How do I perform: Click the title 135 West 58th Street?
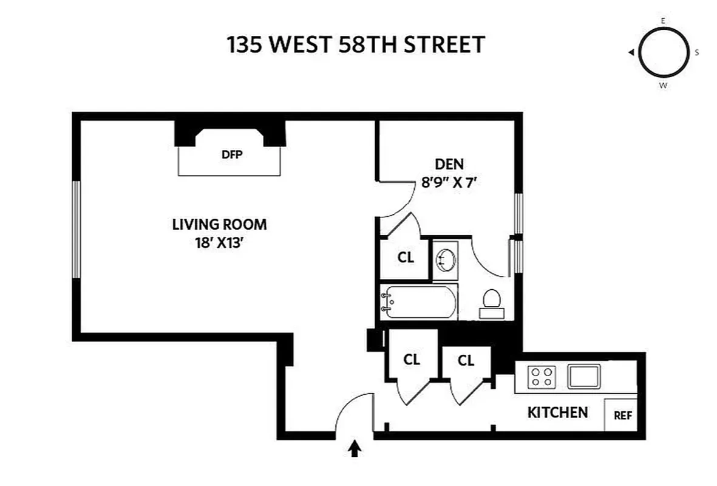(x=356, y=45)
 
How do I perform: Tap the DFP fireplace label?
(x=232, y=154)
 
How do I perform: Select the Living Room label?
(x=219, y=224)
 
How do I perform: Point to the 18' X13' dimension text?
(x=219, y=244)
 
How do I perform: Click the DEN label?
(x=449, y=164)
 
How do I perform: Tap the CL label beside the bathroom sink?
(x=406, y=258)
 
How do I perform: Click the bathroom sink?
(x=445, y=260)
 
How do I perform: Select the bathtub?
(x=418, y=302)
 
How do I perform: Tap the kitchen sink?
(x=583, y=377)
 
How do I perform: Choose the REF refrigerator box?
(x=622, y=416)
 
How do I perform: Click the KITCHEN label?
(x=557, y=413)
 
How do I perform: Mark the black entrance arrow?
(x=355, y=448)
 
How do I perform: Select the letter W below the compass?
(x=664, y=86)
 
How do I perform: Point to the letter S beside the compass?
(x=697, y=53)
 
